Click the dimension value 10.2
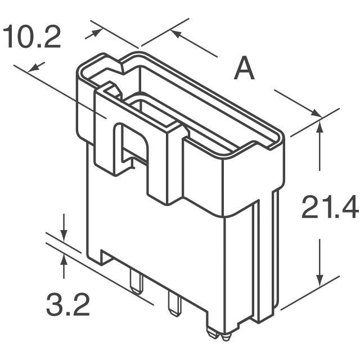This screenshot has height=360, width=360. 31,38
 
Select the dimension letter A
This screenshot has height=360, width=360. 244,70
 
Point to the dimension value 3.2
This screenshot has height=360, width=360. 67,307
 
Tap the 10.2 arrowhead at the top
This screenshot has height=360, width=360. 97,33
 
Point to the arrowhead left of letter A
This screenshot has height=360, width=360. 176,33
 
